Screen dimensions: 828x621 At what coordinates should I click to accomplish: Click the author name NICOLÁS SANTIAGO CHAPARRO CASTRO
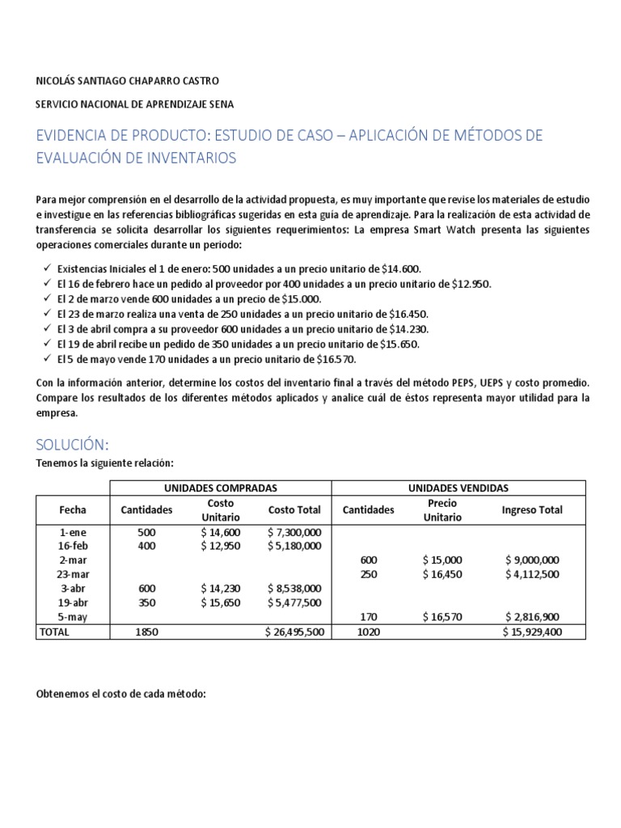(127, 81)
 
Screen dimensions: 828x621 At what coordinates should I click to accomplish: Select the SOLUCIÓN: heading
(72, 445)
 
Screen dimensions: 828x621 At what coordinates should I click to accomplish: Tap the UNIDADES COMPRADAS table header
(221, 488)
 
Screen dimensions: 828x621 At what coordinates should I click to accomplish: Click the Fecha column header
(73, 509)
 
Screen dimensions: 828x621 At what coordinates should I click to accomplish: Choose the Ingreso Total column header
(531, 509)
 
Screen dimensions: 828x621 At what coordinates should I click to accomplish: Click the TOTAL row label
(54, 632)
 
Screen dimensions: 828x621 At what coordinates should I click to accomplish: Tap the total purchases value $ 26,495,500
(294, 632)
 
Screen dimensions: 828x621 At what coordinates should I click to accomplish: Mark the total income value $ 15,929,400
(531, 632)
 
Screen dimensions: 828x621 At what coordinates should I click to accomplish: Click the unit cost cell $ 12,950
(221, 546)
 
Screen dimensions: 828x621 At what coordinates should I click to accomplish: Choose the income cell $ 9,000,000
(531, 560)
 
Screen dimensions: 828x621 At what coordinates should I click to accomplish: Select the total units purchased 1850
(146, 632)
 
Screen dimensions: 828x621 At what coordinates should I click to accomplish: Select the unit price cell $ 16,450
(441, 574)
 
